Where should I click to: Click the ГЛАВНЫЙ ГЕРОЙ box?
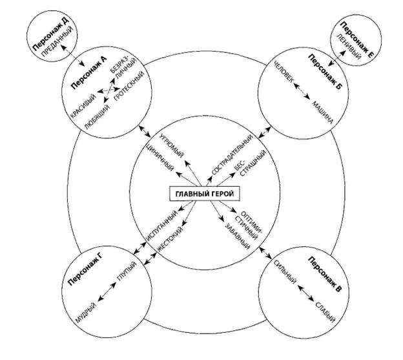click(205, 194)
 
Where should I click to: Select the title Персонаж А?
click(88, 73)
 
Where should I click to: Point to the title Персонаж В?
click(325, 275)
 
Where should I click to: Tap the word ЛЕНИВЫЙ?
click(349, 47)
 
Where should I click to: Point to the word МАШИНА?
click(323, 112)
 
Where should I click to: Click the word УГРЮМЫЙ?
click(171, 146)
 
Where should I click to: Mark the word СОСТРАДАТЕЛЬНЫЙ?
click(232, 155)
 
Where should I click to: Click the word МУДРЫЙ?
click(86, 313)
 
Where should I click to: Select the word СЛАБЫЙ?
click(325, 313)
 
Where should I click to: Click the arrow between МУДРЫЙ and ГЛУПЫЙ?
click(107, 291)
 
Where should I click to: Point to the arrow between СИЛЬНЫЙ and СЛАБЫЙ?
click(306, 293)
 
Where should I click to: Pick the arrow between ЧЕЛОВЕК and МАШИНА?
click(302, 91)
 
